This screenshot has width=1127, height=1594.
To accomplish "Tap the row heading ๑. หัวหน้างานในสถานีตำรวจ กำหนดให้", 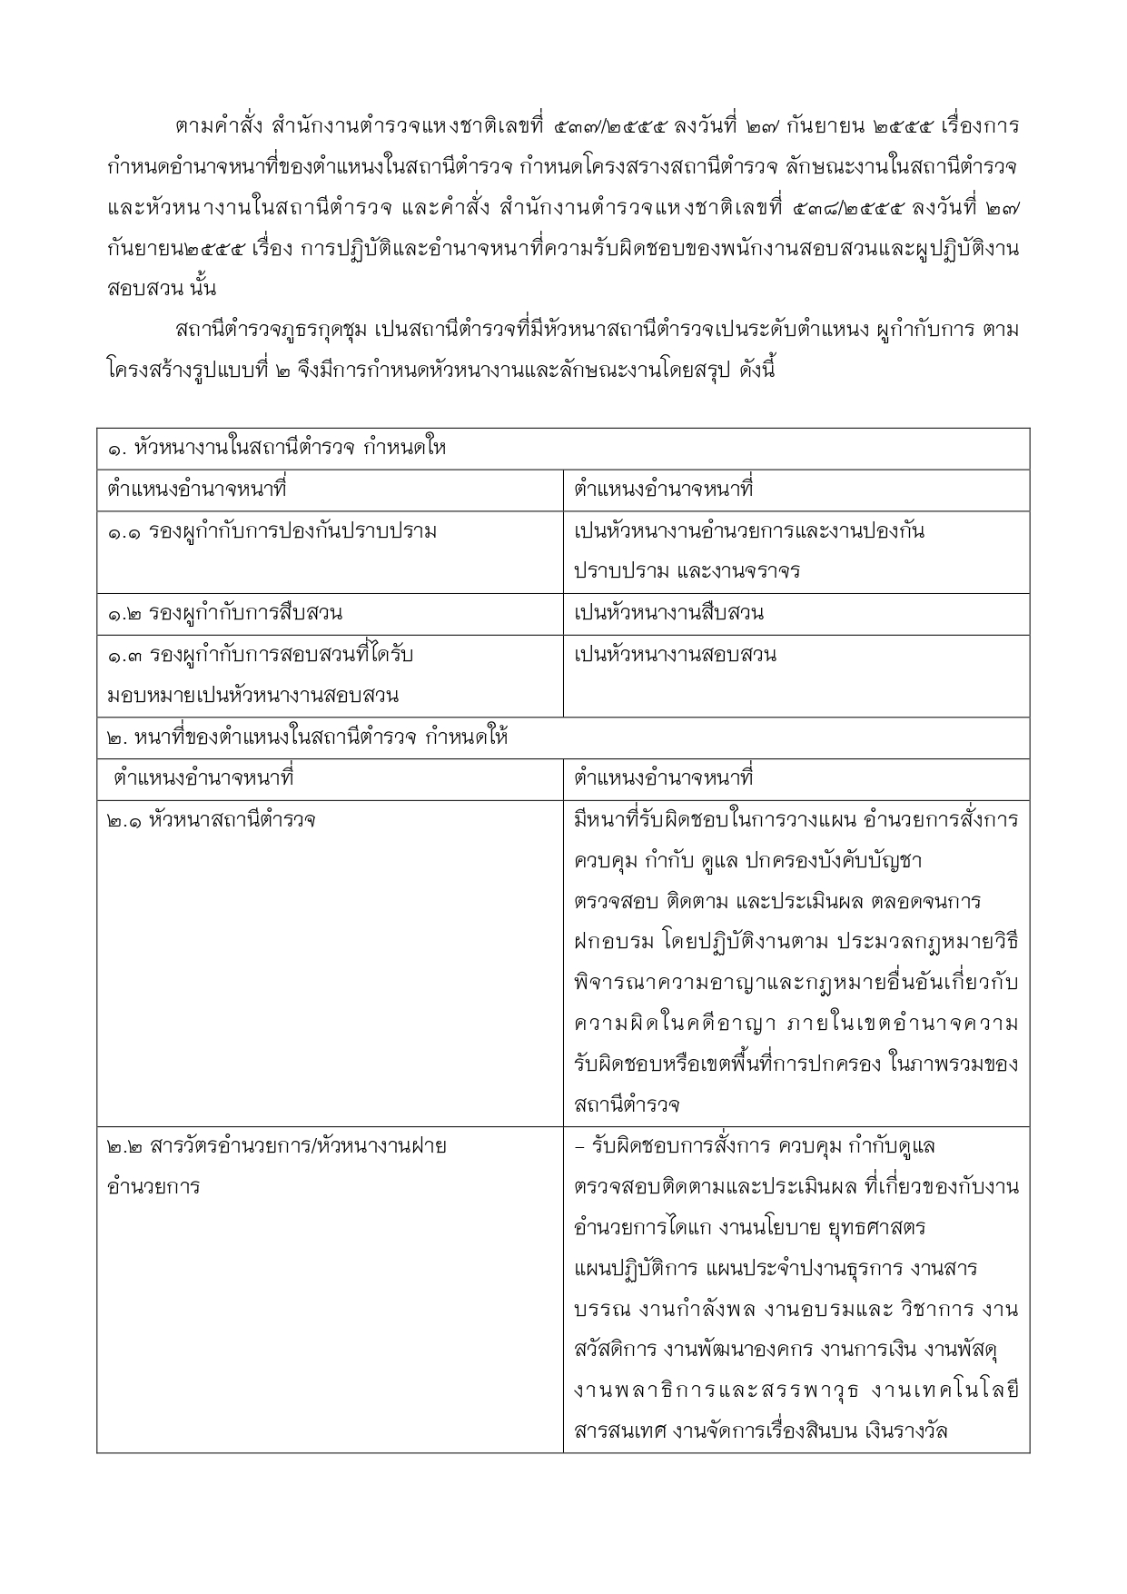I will tap(277, 449).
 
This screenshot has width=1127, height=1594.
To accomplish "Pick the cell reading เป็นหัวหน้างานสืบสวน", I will tap(668, 614).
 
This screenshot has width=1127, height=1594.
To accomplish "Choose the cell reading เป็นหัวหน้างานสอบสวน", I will tap(675, 655).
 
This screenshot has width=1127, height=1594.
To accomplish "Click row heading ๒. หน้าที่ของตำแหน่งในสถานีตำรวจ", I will tap(307, 738).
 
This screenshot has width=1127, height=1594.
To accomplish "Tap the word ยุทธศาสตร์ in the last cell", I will tap(876, 1228).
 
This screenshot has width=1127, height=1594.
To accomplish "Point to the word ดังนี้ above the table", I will tap(750, 371).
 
